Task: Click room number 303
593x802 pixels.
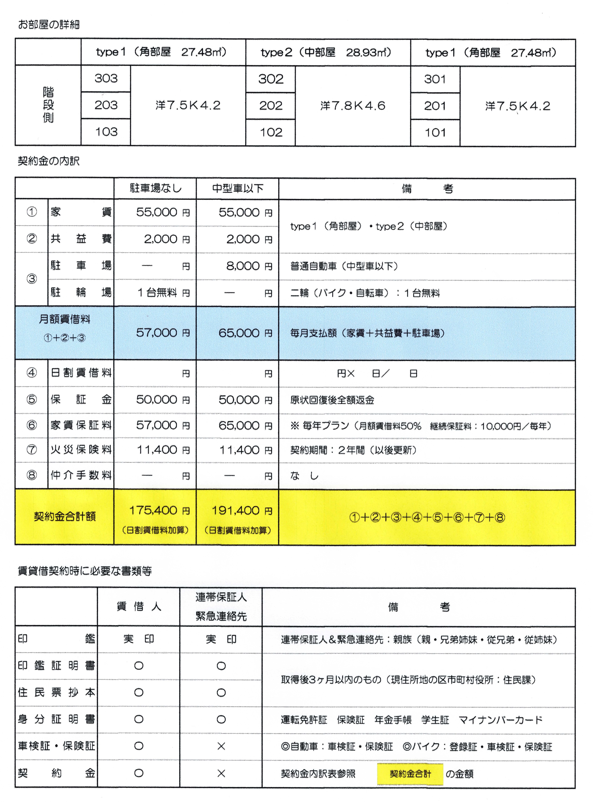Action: pyautogui.click(x=106, y=78)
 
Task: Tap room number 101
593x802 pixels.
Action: pyautogui.click(x=435, y=132)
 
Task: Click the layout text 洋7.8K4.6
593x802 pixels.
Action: pyautogui.click(x=352, y=105)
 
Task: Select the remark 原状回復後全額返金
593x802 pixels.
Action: pyautogui.click(x=332, y=400)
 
